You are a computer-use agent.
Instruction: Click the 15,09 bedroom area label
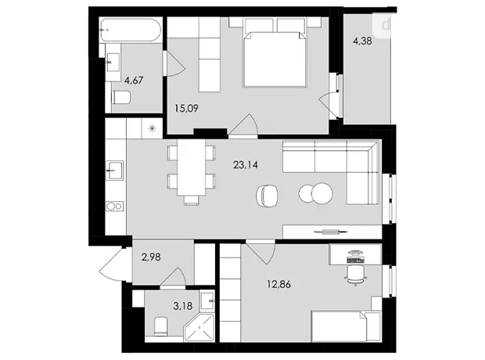186,108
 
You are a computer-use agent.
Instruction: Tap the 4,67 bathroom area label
134,81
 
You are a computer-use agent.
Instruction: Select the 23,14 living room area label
246,164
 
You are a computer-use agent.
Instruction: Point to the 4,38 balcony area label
362,41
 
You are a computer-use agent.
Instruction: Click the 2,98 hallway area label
151,257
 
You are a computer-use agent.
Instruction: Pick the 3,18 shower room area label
183,306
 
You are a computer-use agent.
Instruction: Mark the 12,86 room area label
278,284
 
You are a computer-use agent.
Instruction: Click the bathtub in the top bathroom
130,30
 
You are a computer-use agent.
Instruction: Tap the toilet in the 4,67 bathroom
121,98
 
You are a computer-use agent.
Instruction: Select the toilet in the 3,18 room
161,326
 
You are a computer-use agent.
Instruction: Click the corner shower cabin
199,328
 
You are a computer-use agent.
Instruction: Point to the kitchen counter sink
114,170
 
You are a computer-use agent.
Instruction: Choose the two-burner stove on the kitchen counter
114,206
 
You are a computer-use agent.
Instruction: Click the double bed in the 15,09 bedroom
275,52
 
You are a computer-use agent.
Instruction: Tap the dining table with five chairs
191,172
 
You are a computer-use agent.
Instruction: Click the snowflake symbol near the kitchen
152,128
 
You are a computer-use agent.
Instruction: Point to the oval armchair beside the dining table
267,195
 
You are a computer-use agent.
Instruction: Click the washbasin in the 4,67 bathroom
113,63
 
